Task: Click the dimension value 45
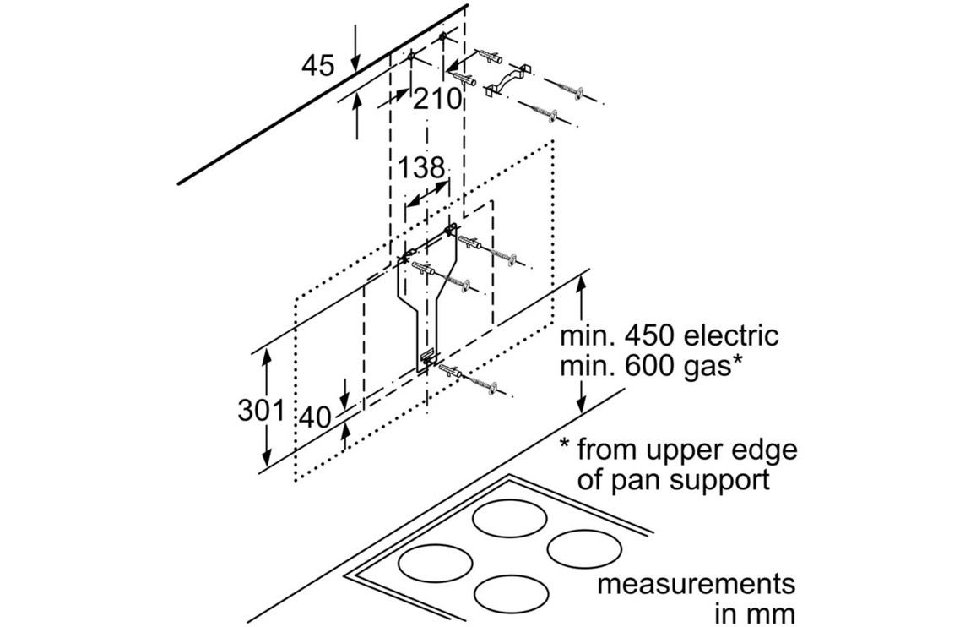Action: (x=318, y=66)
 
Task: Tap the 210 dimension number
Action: (x=438, y=100)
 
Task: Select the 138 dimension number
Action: (x=422, y=168)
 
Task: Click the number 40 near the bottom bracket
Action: (x=317, y=418)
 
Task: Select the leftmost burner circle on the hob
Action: (x=435, y=561)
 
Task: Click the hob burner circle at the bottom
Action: (x=510, y=594)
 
